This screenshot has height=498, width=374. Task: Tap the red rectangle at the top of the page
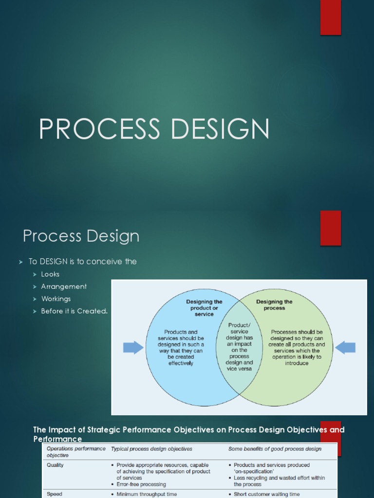point(330,18)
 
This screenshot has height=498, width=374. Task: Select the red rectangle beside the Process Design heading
point(330,228)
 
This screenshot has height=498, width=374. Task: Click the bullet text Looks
point(50,274)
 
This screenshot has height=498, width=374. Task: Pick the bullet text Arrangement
point(64,286)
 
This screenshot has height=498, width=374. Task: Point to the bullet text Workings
point(56,299)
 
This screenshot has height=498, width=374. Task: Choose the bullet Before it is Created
point(74,311)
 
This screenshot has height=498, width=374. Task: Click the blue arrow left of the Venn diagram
point(133,347)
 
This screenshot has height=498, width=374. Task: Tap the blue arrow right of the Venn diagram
point(345,347)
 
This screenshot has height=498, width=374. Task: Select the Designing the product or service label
point(204,308)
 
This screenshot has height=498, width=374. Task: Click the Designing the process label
point(275,305)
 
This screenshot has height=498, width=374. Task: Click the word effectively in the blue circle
point(181,363)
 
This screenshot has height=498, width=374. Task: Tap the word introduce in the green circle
point(297,363)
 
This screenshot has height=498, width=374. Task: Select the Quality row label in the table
point(55,465)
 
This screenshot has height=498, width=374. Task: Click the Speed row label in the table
point(54,494)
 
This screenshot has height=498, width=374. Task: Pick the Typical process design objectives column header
point(151,449)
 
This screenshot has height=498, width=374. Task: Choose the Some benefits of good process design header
point(275,449)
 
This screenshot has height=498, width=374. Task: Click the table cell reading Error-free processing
point(141,484)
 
